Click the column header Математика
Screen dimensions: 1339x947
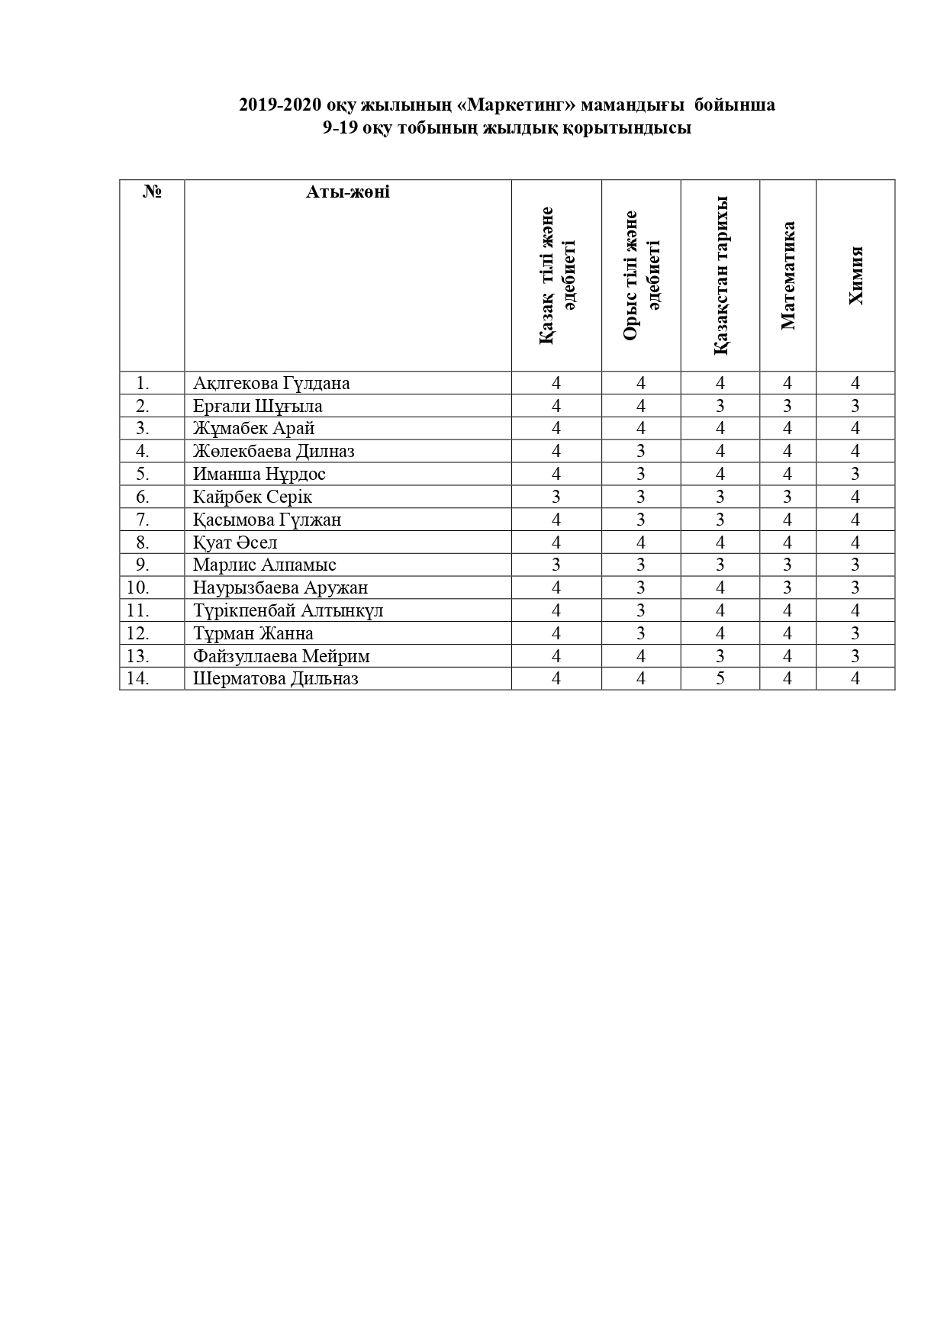click(x=788, y=275)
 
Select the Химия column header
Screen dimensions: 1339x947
click(x=855, y=275)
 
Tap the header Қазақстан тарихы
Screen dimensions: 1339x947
click(x=720, y=275)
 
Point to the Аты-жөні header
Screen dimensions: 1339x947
click(x=347, y=192)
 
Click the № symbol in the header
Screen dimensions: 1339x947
click(x=152, y=192)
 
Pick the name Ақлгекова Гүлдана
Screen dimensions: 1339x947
click(x=271, y=383)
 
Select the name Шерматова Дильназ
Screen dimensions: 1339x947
click(x=275, y=678)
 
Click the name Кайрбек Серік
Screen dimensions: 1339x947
click(x=253, y=497)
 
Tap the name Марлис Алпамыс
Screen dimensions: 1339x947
click(x=264, y=565)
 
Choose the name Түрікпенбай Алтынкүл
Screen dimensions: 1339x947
click(x=288, y=610)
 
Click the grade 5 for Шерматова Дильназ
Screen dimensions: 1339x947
click(x=720, y=678)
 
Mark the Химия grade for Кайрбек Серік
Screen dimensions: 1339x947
click(x=855, y=497)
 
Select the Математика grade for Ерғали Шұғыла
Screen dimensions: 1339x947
click(x=788, y=406)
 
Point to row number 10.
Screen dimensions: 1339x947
click(x=138, y=587)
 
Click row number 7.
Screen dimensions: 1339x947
click(x=142, y=520)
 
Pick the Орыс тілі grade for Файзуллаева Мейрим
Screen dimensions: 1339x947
click(x=641, y=656)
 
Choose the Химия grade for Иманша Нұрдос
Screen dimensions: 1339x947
click(x=855, y=474)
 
